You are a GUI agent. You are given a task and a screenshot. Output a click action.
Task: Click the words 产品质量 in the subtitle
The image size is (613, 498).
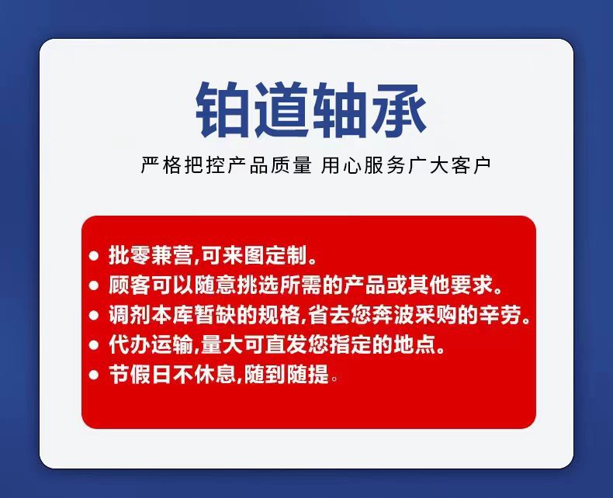pos(269,166)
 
